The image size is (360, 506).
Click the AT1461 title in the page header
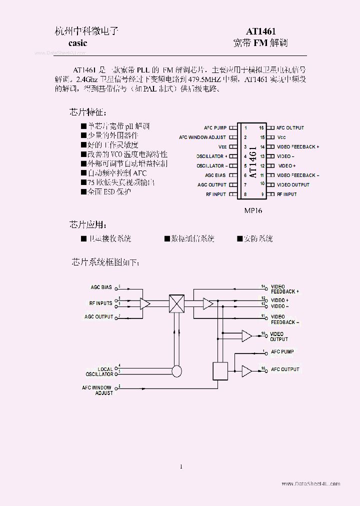[260, 31]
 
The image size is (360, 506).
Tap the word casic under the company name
[77, 43]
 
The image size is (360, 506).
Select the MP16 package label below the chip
[253, 210]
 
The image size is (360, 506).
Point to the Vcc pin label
[281, 137]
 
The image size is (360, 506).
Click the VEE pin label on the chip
[222, 147]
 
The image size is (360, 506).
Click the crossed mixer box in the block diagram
[176, 303]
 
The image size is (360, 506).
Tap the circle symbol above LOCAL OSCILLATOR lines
[176, 371]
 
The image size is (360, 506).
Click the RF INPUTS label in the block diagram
[100, 303]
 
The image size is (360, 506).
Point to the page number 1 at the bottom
[181, 466]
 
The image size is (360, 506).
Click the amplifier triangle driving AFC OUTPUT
[246, 370]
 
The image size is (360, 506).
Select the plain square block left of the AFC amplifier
[220, 370]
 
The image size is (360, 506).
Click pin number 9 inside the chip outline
[261, 194]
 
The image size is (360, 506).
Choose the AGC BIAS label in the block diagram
[101, 287]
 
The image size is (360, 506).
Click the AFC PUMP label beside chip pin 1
[215, 128]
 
